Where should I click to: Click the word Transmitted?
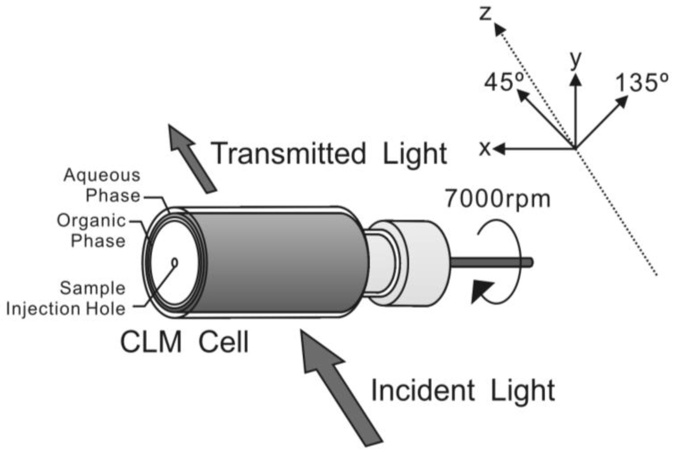coord(288,153)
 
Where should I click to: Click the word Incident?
coord(423,390)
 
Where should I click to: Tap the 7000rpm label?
coord(497,199)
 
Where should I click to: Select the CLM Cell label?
coord(184,342)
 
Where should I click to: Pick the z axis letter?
coord(485,14)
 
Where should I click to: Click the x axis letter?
coord(485,148)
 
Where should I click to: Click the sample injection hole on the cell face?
coord(175,263)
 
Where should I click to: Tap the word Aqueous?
coord(102,175)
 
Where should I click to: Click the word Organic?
coord(92,221)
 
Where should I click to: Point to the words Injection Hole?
coord(66,309)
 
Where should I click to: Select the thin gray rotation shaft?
coord(491,262)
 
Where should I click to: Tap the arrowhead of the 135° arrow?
coord(622,101)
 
